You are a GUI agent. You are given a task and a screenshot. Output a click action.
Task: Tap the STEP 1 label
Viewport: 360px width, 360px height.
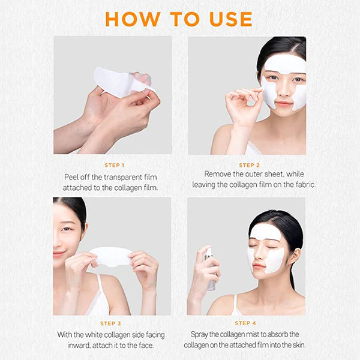(115, 165)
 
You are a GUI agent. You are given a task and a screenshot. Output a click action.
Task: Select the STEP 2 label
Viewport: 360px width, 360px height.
(249, 165)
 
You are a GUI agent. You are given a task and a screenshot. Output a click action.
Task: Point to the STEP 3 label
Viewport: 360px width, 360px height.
(110, 323)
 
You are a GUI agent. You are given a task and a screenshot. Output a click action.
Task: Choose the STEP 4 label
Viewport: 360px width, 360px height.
(245, 323)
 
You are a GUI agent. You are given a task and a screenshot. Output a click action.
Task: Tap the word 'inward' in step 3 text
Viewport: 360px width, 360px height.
(77, 346)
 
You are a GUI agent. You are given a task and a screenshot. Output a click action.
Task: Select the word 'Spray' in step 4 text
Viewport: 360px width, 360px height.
(199, 334)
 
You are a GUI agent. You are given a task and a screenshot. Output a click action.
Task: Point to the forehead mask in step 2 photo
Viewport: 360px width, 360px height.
(284, 65)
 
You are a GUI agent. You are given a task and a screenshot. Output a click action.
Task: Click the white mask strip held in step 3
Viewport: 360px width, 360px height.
(113, 256)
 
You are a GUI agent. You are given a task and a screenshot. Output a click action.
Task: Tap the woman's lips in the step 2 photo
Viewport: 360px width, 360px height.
(283, 103)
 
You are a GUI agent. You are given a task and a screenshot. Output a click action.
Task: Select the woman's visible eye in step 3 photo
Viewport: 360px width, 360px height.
(67, 229)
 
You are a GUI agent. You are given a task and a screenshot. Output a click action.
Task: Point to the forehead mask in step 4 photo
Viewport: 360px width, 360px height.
(265, 232)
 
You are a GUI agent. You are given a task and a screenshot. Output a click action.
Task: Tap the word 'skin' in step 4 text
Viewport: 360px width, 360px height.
(298, 345)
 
